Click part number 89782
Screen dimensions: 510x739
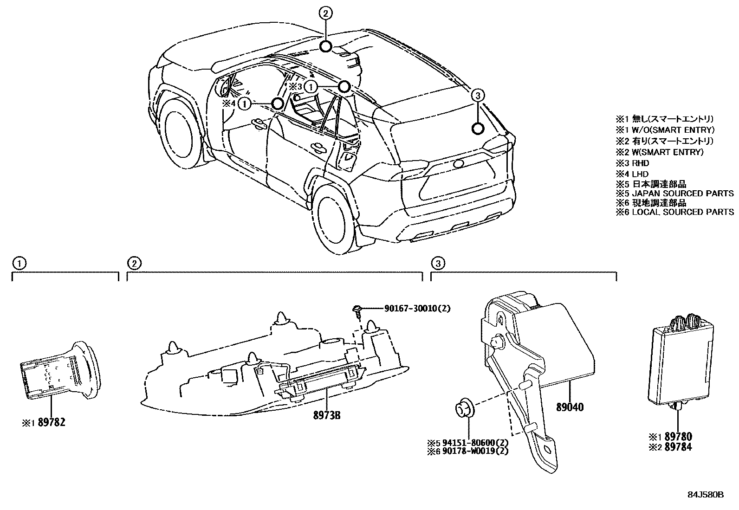click(52, 422)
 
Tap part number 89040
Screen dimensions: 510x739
click(570, 407)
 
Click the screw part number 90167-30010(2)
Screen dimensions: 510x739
click(417, 309)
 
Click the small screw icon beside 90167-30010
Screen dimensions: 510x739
click(358, 310)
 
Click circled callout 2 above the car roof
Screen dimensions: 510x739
click(326, 13)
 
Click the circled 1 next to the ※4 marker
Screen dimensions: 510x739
click(245, 104)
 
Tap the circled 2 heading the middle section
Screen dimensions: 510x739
click(134, 264)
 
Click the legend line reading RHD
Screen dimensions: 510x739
click(640, 163)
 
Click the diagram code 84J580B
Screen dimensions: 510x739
click(706, 495)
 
